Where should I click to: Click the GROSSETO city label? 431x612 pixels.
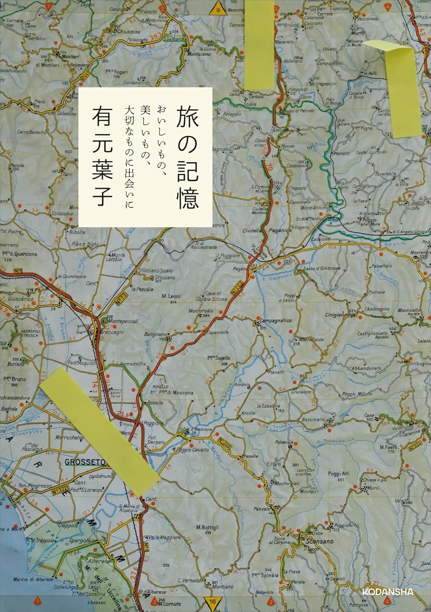[85, 462]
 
